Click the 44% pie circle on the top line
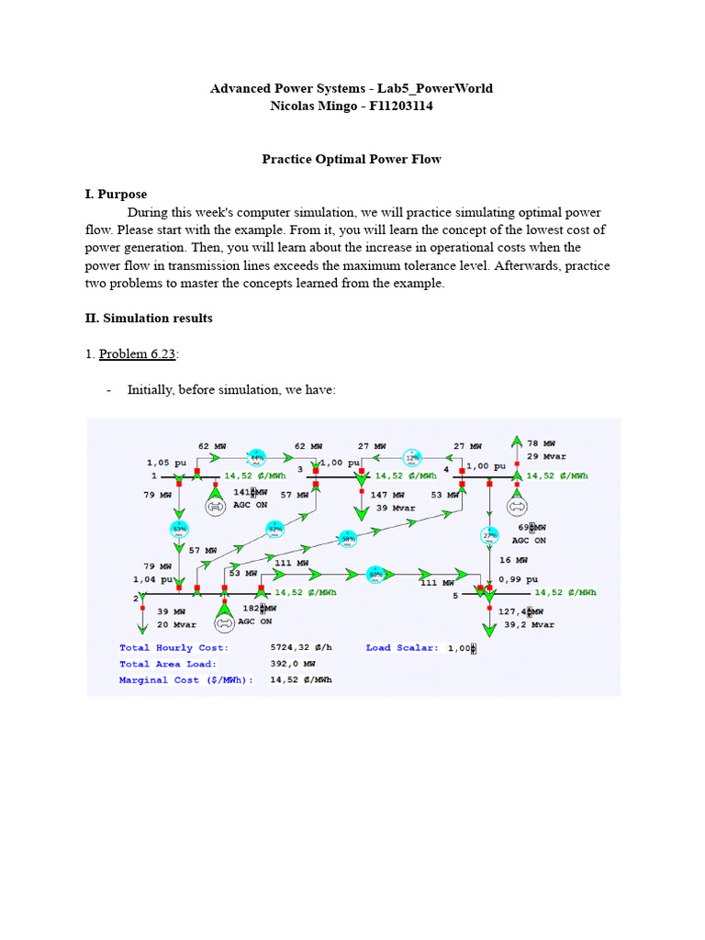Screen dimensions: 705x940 (x=256, y=456)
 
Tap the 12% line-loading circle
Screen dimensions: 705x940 (x=414, y=456)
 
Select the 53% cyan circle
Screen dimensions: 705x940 (x=179, y=530)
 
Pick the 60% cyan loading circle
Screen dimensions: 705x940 (x=375, y=574)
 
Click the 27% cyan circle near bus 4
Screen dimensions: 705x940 (x=489, y=535)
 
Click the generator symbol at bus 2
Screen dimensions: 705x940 (x=223, y=622)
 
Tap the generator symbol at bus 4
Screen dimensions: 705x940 (x=517, y=506)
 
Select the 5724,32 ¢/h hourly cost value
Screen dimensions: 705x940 (x=301, y=647)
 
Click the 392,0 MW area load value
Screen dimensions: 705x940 (x=293, y=664)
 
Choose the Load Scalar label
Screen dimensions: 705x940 (x=402, y=647)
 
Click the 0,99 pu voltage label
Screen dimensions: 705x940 (x=515, y=579)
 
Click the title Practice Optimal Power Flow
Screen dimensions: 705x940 (x=352, y=159)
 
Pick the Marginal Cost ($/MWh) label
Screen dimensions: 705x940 (x=186, y=680)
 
